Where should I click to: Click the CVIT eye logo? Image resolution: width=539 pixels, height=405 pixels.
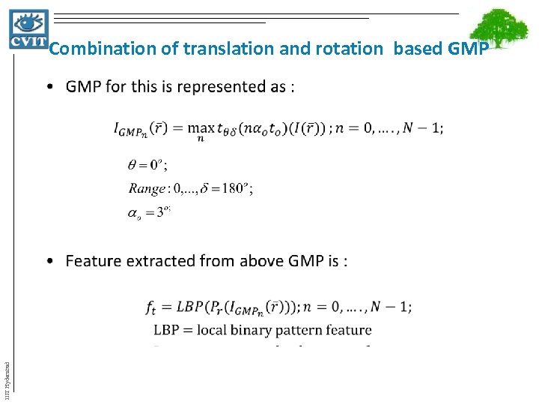(x=28, y=28)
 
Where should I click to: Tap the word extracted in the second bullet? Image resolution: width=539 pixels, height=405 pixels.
(x=162, y=261)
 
